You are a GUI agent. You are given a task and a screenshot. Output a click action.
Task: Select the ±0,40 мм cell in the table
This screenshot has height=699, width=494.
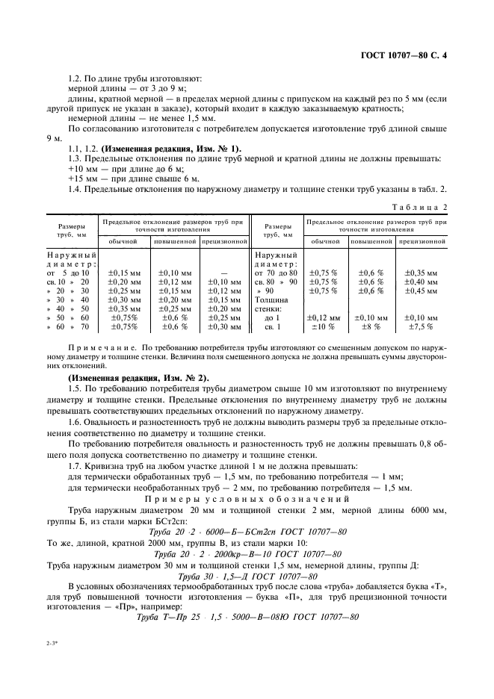tap(423, 282)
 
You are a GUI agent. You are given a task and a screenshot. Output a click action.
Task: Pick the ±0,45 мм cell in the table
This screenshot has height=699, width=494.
tap(423, 291)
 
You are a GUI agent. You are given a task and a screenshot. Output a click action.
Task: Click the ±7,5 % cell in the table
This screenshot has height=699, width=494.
tap(423, 326)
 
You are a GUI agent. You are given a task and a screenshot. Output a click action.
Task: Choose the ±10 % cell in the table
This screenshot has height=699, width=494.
tap(324, 326)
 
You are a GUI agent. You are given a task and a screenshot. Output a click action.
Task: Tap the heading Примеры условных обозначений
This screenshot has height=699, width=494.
tap(247, 499)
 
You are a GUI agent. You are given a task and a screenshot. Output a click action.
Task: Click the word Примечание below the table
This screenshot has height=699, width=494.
tap(102, 348)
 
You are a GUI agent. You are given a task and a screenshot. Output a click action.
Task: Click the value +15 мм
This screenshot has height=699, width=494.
tap(81, 179)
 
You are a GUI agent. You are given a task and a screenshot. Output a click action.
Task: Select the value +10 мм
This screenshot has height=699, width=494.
tap(81, 169)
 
